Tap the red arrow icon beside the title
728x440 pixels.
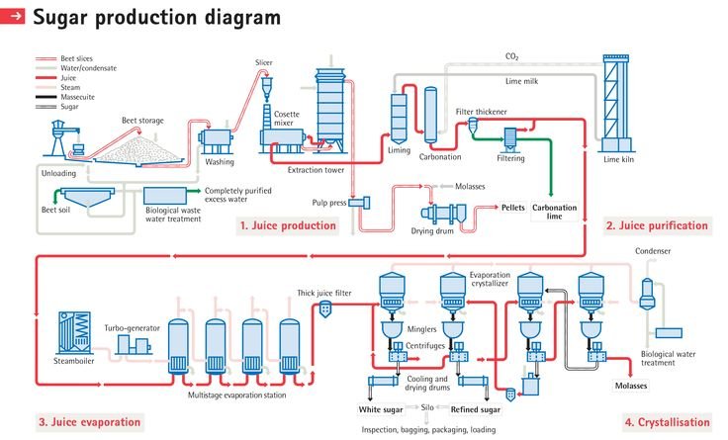pos(15,18)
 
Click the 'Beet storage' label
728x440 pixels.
pos(142,121)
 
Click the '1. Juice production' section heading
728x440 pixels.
pos(288,225)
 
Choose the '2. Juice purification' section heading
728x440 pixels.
pos(656,225)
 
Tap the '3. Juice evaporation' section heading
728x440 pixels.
pos(89,422)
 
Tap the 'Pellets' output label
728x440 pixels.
pos(512,209)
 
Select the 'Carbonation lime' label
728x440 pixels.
pos(554,212)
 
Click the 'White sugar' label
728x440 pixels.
pos(381,407)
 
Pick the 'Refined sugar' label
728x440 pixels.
pos(476,407)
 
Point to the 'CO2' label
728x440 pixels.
pos(511,58)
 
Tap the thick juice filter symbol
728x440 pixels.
pos(323,310)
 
